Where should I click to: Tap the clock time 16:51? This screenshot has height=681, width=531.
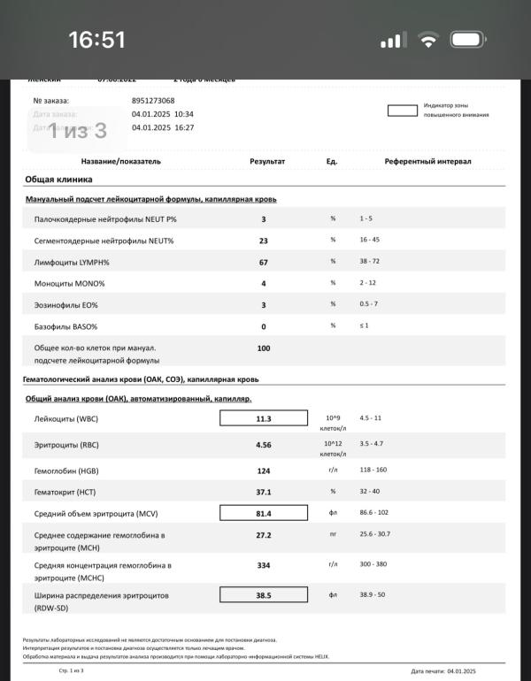pos(97,40)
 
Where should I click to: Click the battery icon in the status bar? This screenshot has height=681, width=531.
pos(470,41)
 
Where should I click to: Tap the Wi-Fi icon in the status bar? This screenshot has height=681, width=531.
pos(429,41)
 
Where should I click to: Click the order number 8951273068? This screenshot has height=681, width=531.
pos(153,101)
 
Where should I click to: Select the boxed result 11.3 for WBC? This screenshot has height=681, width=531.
pos(264,418)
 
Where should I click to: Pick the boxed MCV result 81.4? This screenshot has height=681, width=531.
pos(264,513)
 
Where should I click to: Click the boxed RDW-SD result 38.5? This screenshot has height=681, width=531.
pos(264,595)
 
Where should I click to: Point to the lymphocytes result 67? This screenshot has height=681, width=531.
pos(264,262)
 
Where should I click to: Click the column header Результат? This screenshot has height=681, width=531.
pos(267,162)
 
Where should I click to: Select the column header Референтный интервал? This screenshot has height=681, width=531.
pos(427,162)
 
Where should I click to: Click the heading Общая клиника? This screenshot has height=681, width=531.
pos(58,179)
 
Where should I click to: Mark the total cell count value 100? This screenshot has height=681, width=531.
pos(264,348)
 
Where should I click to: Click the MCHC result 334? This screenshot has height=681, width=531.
pos(264,564)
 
